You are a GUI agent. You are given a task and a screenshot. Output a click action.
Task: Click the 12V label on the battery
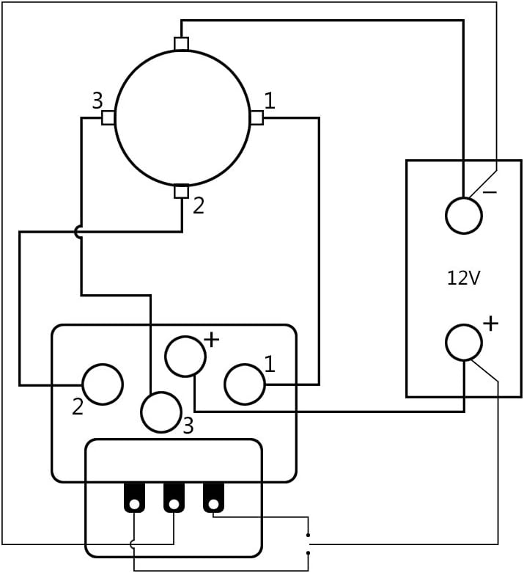463,278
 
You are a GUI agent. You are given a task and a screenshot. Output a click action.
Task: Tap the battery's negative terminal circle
464,216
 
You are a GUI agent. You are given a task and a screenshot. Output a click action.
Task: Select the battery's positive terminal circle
464,343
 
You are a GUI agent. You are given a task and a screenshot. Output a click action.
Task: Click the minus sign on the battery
490,191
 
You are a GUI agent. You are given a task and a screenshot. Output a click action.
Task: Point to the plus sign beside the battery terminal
491,324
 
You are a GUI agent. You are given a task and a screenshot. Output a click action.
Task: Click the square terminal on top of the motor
182,43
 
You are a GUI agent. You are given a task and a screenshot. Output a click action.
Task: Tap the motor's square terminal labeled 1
257,117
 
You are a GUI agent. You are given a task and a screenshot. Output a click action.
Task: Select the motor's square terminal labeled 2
182,191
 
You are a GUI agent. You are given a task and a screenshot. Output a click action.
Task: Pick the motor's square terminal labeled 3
108,117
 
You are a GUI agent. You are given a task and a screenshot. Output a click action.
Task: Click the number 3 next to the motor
97,101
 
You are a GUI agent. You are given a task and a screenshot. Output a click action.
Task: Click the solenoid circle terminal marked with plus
185,357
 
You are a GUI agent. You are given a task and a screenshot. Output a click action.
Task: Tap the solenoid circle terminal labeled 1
245,384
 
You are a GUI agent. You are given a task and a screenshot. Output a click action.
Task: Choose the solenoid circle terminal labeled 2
103,384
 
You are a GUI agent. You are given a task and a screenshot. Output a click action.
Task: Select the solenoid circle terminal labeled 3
161,412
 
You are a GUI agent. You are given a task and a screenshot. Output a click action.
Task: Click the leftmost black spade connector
134,497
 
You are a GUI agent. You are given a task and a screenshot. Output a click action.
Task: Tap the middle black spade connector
174,497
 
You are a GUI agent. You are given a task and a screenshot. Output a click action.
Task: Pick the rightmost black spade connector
213,497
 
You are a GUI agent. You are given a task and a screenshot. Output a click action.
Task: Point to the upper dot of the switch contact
309,536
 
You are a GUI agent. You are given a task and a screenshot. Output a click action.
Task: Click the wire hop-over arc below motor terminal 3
77,232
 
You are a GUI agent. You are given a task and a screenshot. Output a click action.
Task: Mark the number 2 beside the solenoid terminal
78,406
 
